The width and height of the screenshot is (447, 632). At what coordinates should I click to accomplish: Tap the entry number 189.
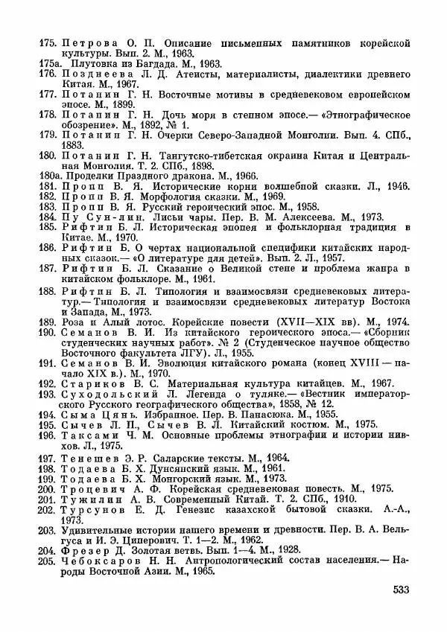click(x=48, y=322)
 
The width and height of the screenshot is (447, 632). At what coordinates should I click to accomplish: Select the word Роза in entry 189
click(x=72, y=322)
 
